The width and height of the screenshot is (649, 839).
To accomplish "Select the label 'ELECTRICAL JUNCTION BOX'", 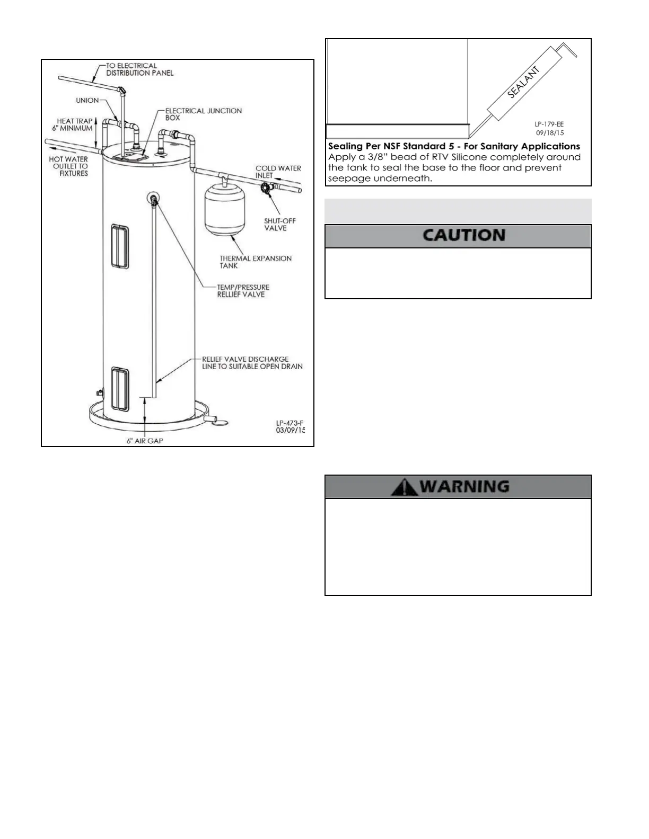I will tap(203, 114).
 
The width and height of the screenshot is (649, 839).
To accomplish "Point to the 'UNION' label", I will tap(87, 100).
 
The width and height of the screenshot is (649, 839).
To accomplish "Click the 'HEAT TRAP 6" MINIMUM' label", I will tap(74, 124).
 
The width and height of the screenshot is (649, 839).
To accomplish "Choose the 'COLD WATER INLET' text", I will tap(278, 172).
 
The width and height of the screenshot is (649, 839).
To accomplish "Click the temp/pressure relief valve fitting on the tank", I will tap(153, 199).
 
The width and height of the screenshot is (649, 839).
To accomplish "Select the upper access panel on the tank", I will tap(120, 246).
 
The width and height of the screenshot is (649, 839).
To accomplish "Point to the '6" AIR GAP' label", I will tap(145, 441).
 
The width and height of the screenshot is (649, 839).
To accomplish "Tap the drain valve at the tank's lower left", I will tap(99, 393).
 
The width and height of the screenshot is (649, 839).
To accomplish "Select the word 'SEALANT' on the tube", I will tap(524, 82).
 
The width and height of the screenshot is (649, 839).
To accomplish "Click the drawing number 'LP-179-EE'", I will tap(549, 124).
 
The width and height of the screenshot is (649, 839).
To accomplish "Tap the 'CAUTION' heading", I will tap(463, 236).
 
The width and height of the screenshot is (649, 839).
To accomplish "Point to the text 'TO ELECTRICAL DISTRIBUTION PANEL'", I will tap(139, 69).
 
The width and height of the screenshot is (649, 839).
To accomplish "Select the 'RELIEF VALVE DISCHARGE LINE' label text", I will tap(252, 362).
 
